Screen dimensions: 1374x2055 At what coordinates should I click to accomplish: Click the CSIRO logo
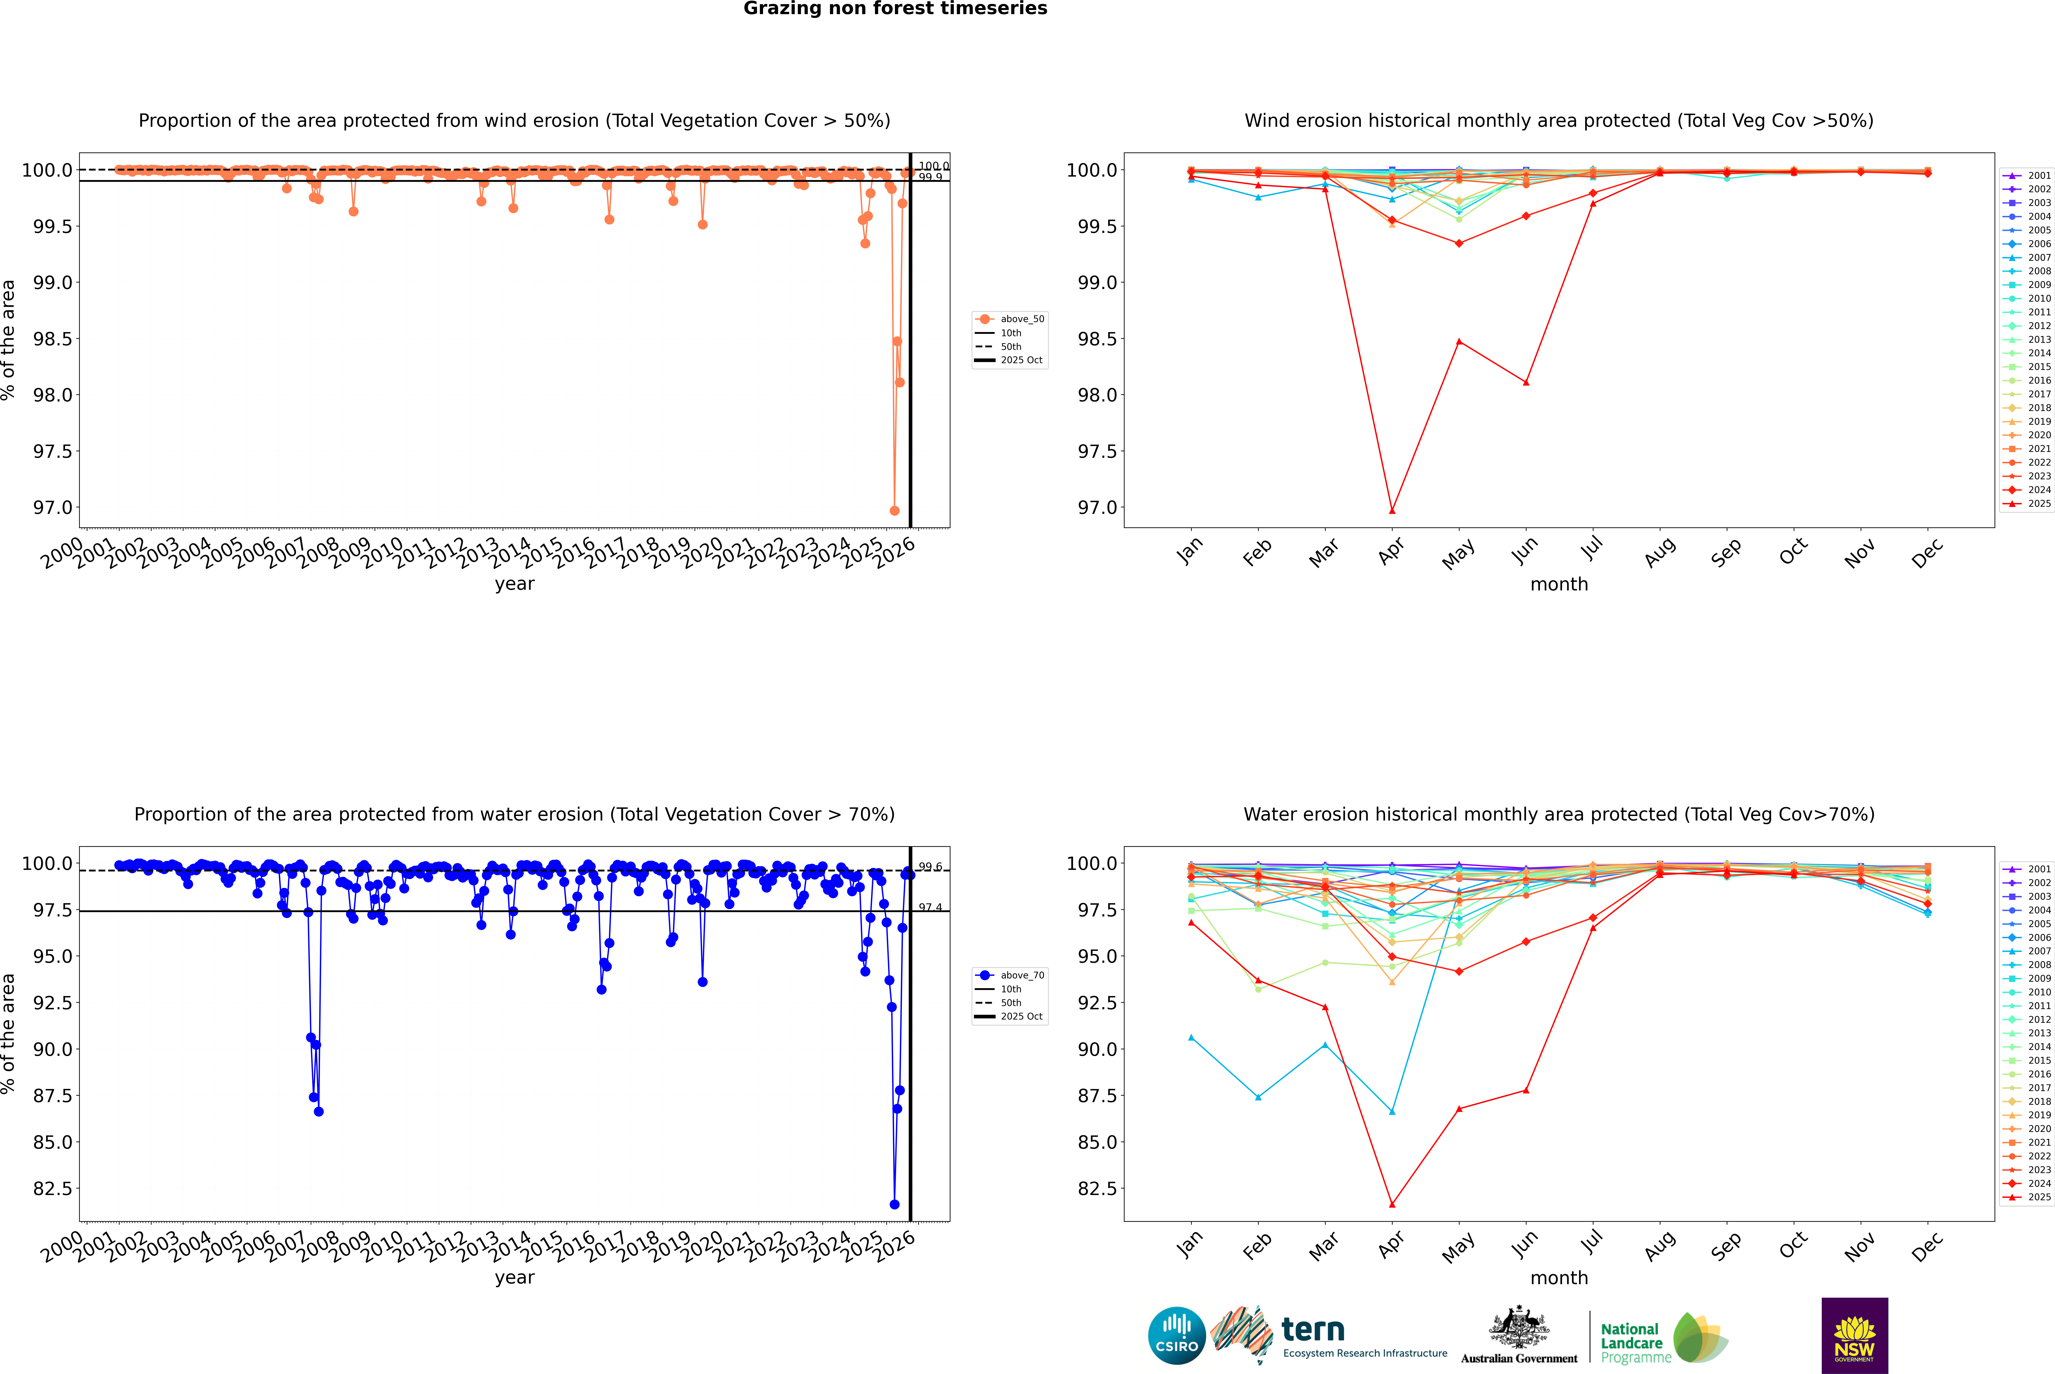point(1177,1336)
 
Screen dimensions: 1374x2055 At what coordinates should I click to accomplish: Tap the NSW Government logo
point(1854,1336)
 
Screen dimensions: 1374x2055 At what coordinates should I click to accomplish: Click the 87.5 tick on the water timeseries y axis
point(53,1095)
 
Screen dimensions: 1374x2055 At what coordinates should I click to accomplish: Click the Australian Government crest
point(1519,1328)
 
